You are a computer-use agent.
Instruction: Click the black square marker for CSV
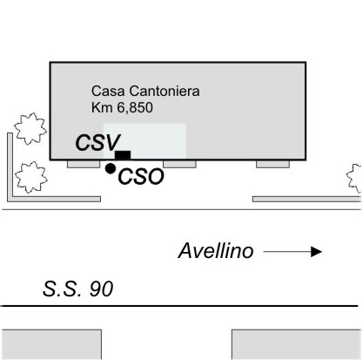pos(123,155)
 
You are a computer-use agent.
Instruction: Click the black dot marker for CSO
pos(111,168)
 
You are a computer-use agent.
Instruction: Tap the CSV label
pos(97,142)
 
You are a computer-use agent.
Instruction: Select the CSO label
pos(141,176)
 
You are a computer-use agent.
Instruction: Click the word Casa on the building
pos(108,91)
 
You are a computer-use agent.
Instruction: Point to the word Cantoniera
pos(165,91)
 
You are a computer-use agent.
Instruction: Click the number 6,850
pos(135,108)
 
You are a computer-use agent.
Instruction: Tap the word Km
pos(102,107)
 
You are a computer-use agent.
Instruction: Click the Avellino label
pos(216,250)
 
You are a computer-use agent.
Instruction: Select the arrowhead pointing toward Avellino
pos(316,252)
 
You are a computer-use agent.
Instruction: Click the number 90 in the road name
pos(101,289)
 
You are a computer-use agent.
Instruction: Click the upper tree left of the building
pos(30,128)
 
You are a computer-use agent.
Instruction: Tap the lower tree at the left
pos(31,177)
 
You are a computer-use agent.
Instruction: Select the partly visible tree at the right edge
pos(354,179)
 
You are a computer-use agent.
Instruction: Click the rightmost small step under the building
pos(272,164)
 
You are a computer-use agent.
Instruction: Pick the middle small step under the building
pos(179,164)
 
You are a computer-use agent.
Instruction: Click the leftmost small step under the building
pos(84,164)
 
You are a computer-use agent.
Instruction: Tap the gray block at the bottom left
pos(51,344)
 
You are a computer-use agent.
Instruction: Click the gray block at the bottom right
pos(297,344)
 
